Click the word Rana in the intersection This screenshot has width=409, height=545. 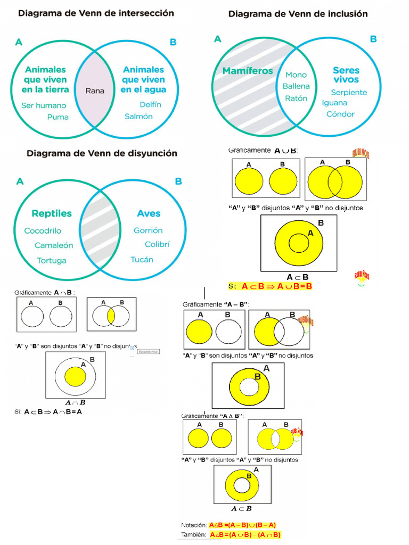click(x=95, y=90)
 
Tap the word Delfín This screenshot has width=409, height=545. click(x=150, y=104)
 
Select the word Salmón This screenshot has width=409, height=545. click(x=138, y=116)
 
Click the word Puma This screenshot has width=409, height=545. click(x=58, y=117)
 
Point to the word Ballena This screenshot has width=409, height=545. click(x=296, y=86)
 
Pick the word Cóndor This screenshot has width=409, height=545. click(x=340, y=114)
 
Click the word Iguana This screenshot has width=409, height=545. click(x=334, y=103)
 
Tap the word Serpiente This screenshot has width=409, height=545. click(x=349, y=92)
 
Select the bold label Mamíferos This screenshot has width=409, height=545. click(x=248, y=71)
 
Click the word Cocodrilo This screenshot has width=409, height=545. click(x=43, y=231)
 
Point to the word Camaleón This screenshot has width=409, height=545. click(x=54, y=245)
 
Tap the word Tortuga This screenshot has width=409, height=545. click(x=52, y=260)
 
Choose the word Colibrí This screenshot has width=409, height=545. click(x=157, y=244)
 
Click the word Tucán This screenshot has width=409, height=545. click(x=142, y=259)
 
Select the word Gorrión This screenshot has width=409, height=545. click(x=148, y=230)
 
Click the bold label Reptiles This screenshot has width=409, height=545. click(x=52, y=213)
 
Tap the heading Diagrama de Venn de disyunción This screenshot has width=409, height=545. click(x=102, y=153)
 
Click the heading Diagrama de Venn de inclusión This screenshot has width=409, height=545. click(x=298, y=14)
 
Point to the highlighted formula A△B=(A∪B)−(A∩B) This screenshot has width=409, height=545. click(x=245, y=535)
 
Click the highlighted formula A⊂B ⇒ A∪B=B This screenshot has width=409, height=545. click(x=276, y=286)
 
